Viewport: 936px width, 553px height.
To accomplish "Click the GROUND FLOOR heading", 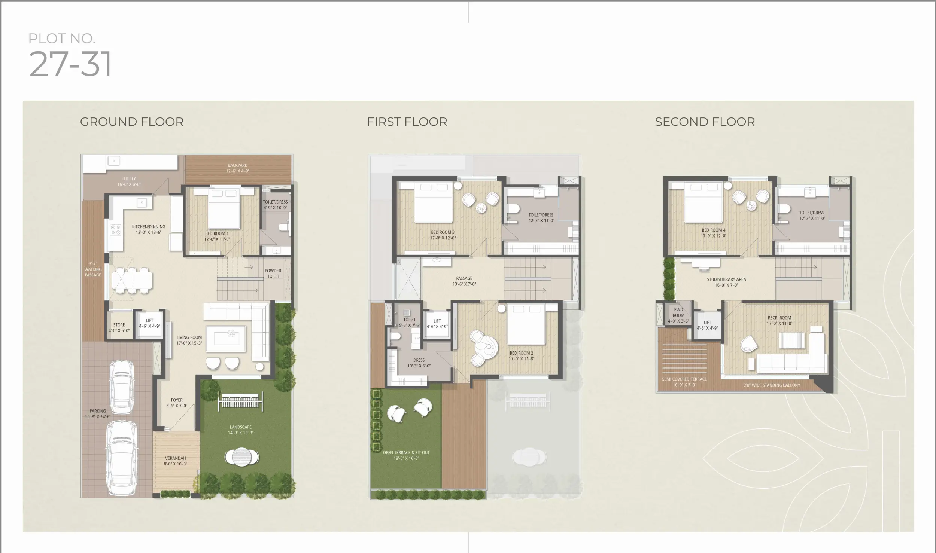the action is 132,122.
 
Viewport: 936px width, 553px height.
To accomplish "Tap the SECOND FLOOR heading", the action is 705,122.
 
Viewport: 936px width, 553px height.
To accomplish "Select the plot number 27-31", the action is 70,64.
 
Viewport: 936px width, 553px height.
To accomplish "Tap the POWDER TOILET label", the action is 273,274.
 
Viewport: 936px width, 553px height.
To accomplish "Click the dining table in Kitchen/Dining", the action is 132,280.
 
